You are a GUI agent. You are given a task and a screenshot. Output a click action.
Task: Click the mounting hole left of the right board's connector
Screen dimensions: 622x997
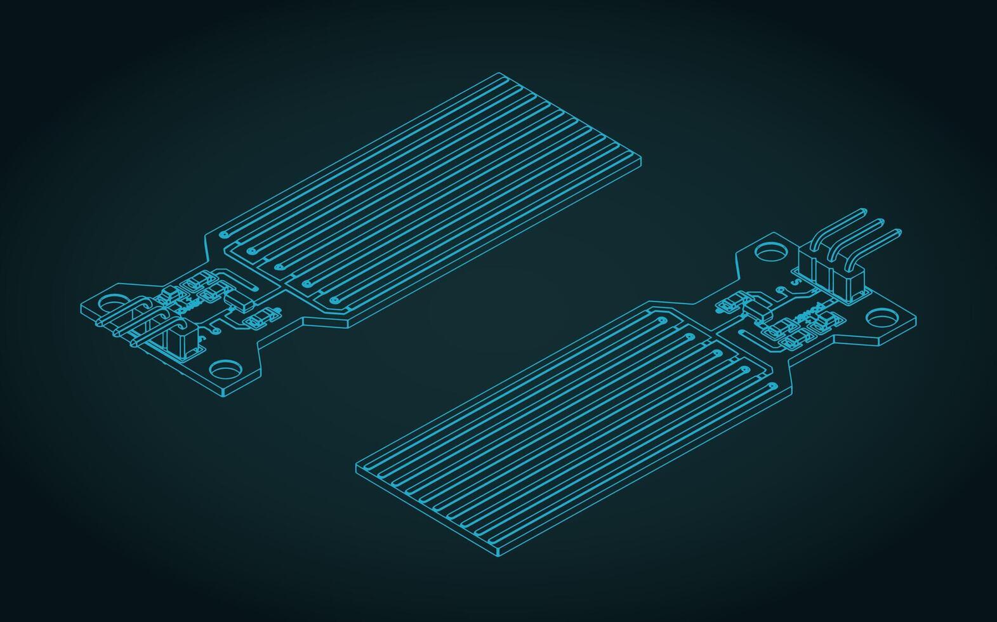coord(770,253)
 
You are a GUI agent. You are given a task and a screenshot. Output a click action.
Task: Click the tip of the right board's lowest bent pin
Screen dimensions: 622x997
coord(897,232)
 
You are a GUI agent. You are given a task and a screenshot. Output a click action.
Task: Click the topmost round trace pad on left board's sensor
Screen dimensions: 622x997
coord(223,234)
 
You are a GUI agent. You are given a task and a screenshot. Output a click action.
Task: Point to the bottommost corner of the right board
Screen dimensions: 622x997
coord(499,556)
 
